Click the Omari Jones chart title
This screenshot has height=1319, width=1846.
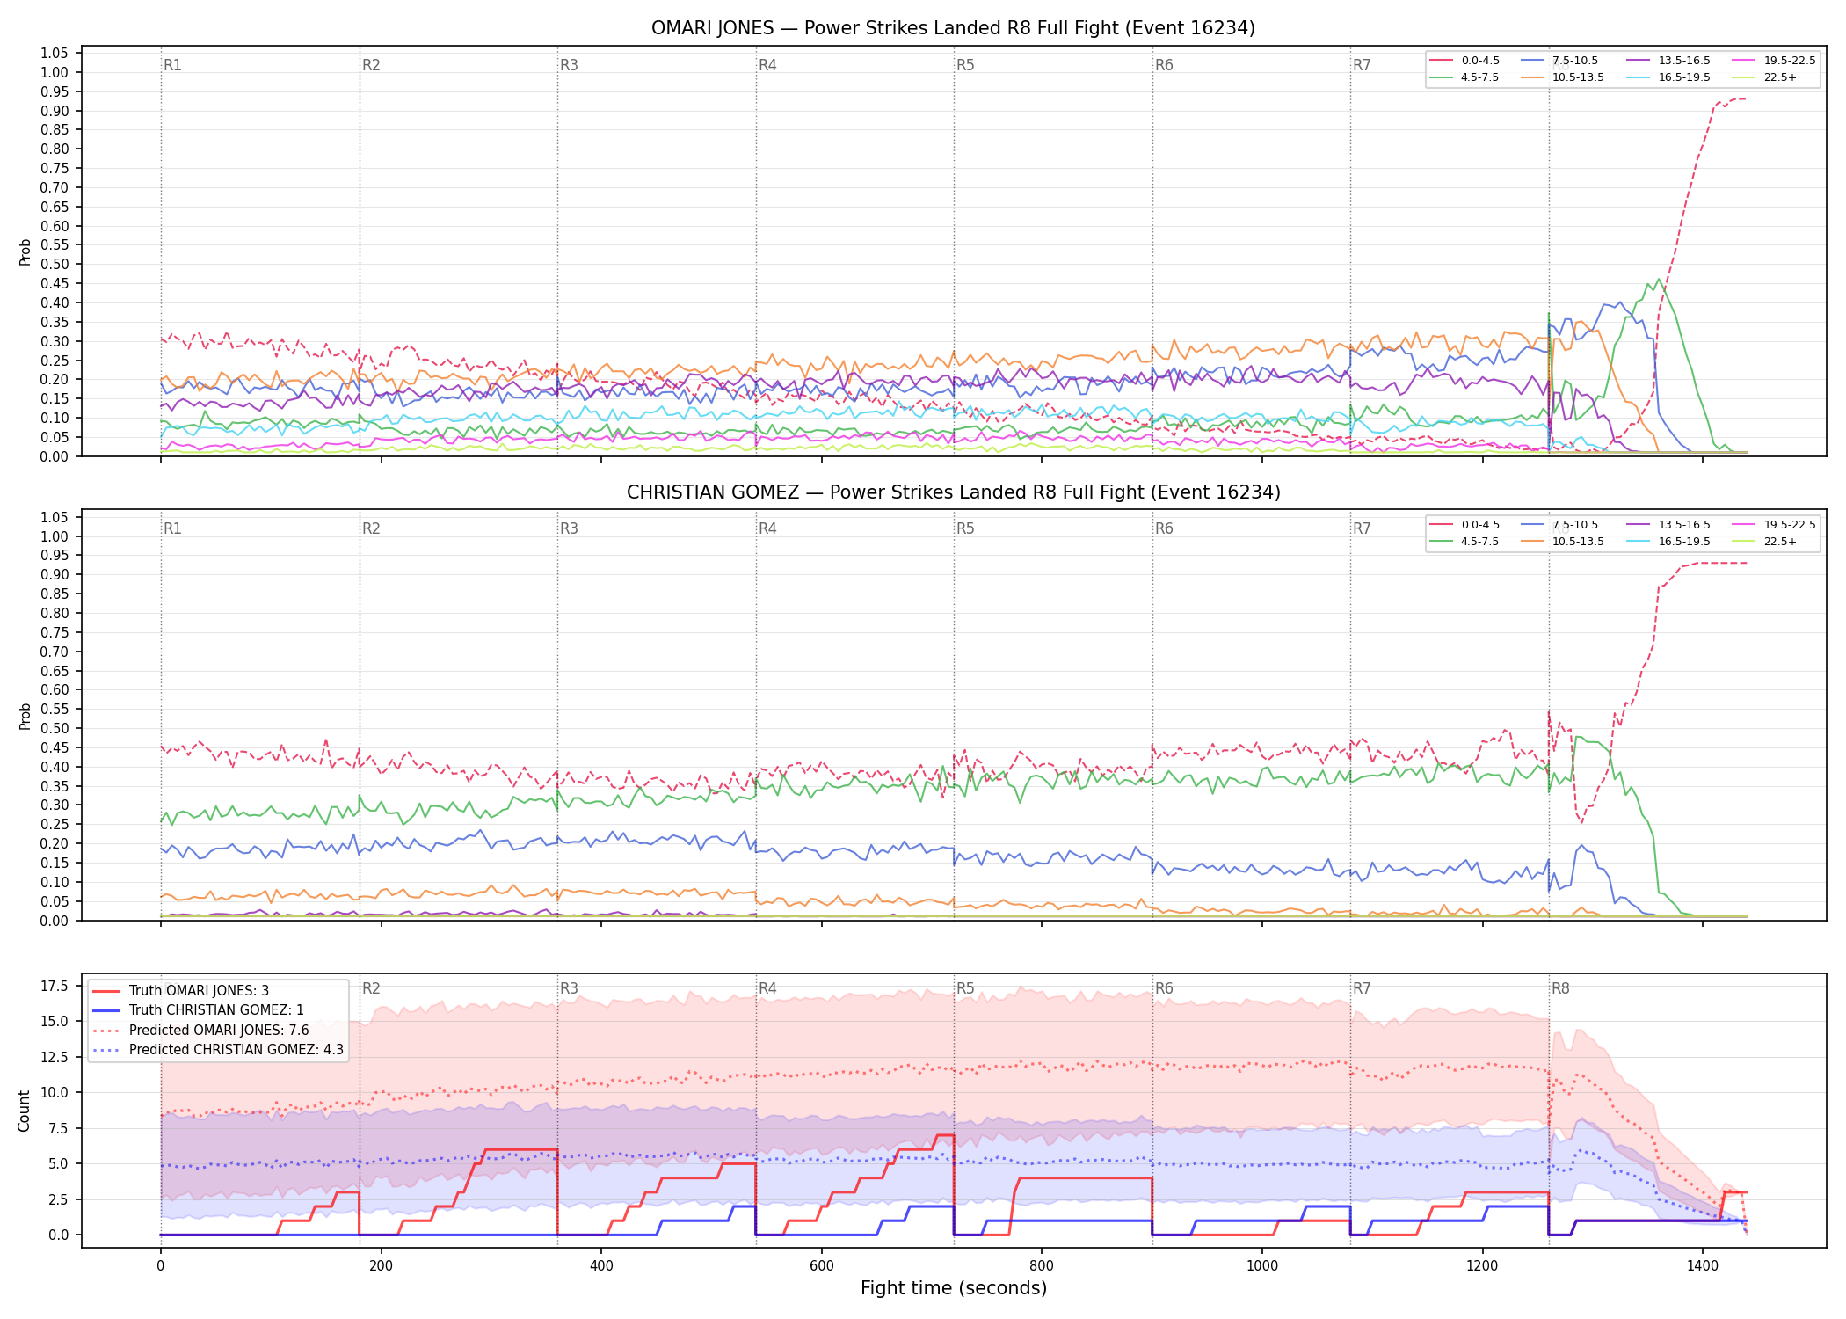coord(953,28)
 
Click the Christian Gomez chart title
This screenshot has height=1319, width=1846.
coord(953,492)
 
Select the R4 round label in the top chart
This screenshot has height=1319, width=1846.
coord(767,65)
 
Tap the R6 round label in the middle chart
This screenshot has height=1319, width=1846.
coord(1164,528)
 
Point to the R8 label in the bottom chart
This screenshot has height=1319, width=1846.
coord(1560,988)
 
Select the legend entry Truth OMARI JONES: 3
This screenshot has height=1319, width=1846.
coord(180,991)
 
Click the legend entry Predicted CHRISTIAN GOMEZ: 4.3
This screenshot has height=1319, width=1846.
coord(218,1050)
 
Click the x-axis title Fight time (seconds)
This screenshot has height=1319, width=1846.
coord(954,1288)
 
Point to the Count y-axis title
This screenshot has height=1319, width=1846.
coord(24,1111)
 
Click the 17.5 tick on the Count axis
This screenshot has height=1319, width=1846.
coord(55,986)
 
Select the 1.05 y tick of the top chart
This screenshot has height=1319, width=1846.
coord(55,54)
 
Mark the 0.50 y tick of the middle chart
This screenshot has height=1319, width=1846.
coord(55,729)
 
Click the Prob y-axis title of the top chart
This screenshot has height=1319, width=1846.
coord(25,252)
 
